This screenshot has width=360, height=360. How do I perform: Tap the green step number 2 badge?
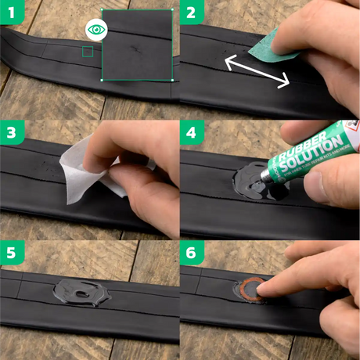point(193,13)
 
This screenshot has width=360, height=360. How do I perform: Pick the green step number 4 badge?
point(193,134)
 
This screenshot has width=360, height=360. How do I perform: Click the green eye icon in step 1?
point(95,30)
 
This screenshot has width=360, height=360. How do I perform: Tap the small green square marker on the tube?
point(87,52)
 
